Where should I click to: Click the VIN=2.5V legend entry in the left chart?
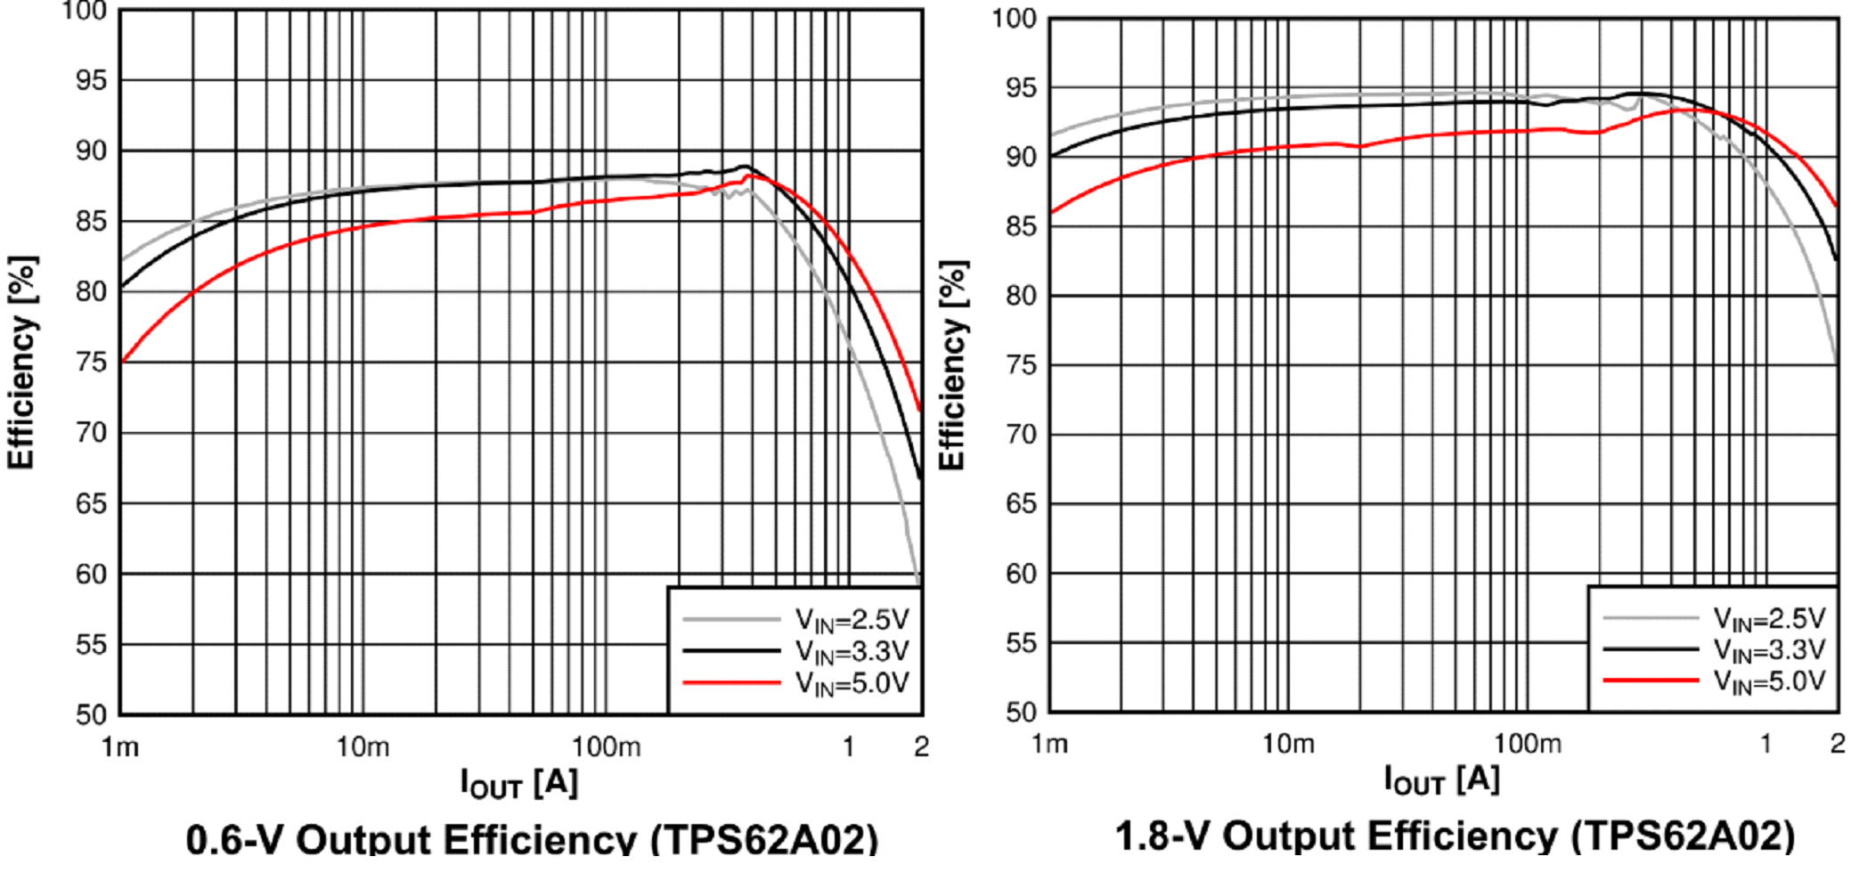(851, 620)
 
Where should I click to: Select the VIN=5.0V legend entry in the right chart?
(1769, 682)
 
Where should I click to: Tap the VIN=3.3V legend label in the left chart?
(851, 652)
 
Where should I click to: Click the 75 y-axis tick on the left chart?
(91, 363)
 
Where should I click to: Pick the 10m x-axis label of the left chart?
(363, 747)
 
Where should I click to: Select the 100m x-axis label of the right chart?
(1527, 744)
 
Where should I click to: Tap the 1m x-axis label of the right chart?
(1049, 744)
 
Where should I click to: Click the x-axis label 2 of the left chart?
(921, 747)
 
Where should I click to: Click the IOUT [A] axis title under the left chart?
(519, 783)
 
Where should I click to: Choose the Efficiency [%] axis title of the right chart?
(952, 365)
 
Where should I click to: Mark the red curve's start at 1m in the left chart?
(122, 361)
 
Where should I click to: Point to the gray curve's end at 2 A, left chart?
(919, 583)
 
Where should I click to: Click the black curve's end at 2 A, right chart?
(1836, 258)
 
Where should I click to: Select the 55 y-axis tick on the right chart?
(1021, 643)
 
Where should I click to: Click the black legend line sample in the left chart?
(731, 651)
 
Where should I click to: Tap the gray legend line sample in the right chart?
(1651, 617)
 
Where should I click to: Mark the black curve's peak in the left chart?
(744, 167)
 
